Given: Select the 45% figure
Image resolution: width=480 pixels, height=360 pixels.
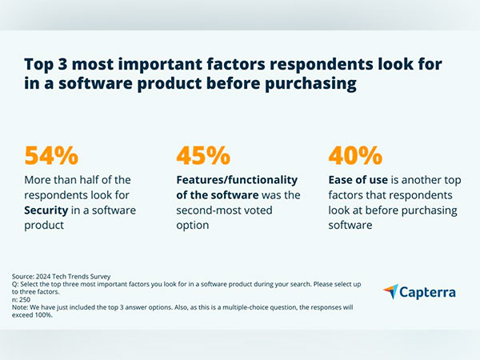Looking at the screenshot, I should pyautogui.click(x=203, y=155).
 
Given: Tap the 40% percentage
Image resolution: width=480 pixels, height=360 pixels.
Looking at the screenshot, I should pyautogui.click(x=355, y=155).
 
